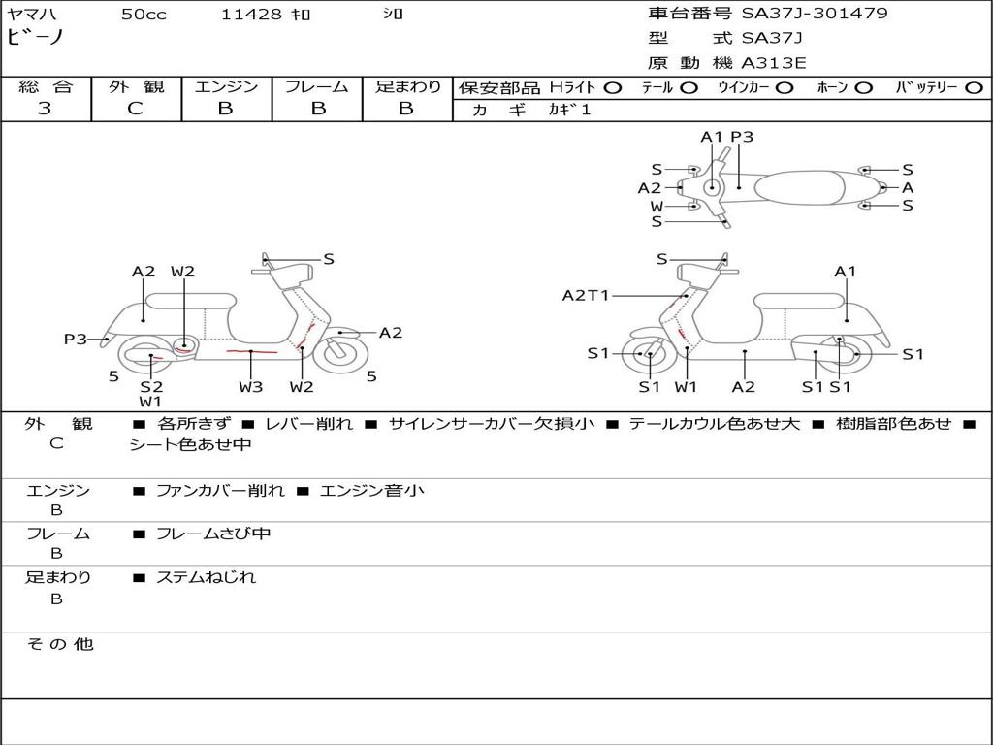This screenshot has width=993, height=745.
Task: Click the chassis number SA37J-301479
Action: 815,14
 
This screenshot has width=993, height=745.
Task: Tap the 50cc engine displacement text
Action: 144,15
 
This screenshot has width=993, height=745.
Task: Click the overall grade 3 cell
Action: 45,109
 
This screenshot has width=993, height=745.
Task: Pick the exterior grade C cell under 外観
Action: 135,109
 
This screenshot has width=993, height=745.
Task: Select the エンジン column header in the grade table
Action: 226,86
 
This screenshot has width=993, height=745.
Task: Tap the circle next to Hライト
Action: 613,87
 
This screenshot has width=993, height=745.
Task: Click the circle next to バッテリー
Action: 974,87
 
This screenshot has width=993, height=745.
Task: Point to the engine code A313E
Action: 773,63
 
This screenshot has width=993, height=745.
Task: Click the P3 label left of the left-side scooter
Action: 76,339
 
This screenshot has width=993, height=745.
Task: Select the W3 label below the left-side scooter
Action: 250,387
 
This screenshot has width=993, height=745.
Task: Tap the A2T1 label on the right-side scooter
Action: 586,295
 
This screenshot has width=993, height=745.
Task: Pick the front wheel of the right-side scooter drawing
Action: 648,355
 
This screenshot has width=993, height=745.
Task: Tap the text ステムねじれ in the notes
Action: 206,577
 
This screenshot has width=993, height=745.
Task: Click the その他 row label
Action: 59,644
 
